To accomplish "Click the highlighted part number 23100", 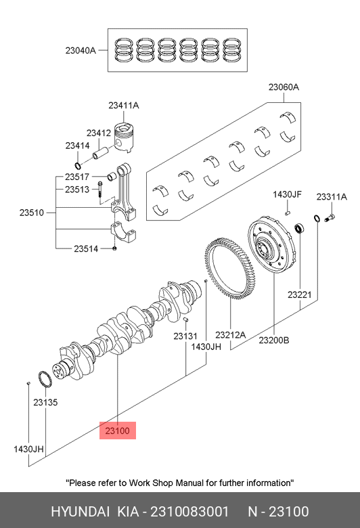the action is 117,431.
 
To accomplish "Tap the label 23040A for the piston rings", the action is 81,51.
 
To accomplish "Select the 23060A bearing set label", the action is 284,87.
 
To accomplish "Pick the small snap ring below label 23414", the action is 78,166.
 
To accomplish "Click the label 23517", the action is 77,177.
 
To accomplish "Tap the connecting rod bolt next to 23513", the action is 100,190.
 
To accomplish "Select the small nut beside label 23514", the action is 114,248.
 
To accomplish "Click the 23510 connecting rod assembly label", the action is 32,213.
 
